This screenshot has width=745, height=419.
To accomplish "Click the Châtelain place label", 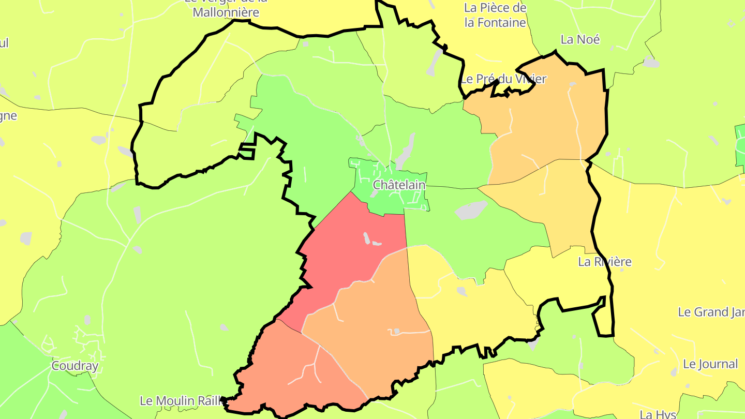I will tap(399, 185).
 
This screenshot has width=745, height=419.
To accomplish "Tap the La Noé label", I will tap(580, 39).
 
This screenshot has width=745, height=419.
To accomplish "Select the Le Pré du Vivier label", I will tap(503, 79).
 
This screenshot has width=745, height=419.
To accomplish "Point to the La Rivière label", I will tap(605, 262).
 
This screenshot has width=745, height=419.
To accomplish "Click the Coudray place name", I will tap(75, 366).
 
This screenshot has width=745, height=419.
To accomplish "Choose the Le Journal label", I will tap(710, 364).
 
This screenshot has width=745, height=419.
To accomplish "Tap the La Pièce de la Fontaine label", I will tap(495, 16).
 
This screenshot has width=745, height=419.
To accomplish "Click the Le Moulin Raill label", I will tap(181, 401).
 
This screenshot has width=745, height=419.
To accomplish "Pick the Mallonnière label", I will tap(226, 12).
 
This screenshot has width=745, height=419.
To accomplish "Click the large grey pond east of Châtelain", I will tap(471, 209).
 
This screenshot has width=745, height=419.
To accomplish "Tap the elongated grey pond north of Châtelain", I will tap(406, 150).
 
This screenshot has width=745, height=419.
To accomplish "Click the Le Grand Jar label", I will tap(711, 312).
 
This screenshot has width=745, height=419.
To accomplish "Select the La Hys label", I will tap(658, 414).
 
